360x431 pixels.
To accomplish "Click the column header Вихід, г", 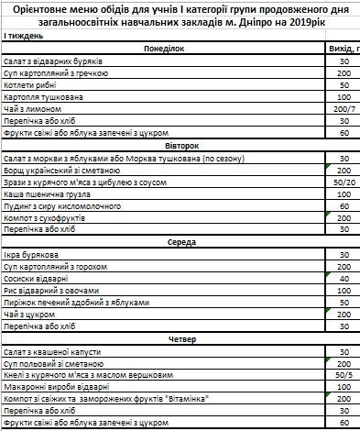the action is [344, 49].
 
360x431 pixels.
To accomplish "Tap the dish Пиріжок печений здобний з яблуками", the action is [75, 302].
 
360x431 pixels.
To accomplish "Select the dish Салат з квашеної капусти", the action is [55, 351].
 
